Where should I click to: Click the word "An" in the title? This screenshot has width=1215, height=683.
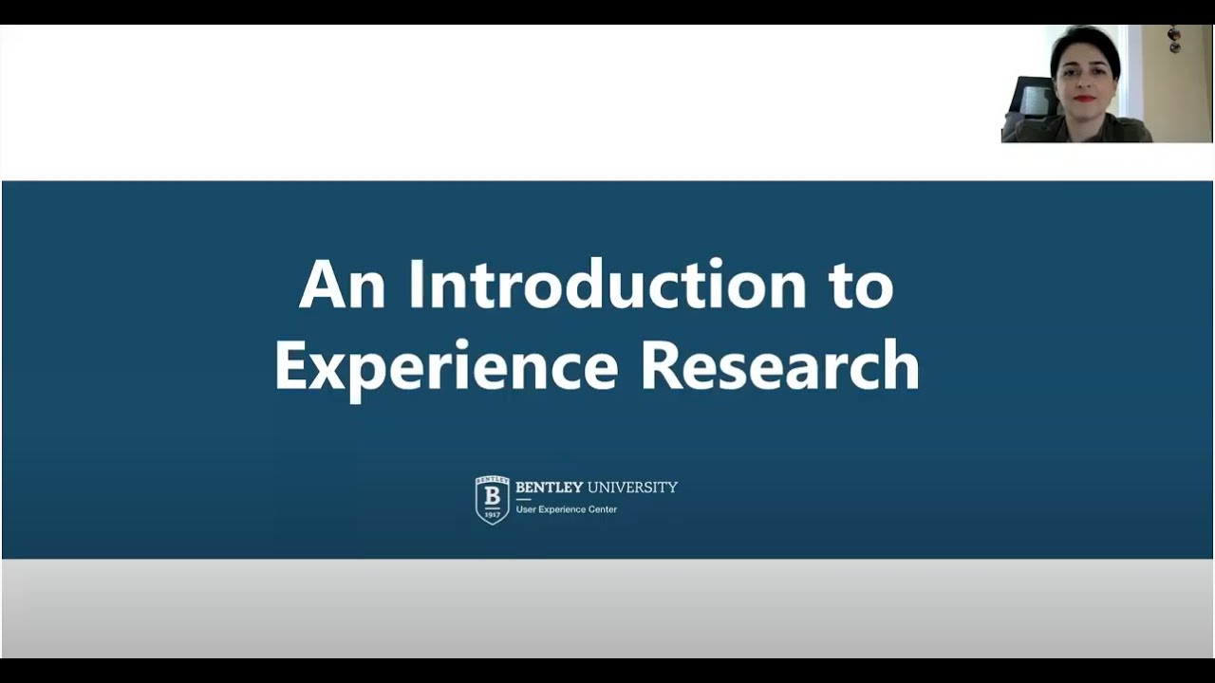(342, 285)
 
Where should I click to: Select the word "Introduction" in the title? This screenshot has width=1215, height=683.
(607, 285)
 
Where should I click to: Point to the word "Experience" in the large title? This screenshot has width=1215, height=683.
(446, 367)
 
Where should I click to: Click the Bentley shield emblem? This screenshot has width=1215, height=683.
(492, 500)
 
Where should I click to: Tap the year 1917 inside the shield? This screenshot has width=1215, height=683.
(492, 514)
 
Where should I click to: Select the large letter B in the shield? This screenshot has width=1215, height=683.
(492, 496)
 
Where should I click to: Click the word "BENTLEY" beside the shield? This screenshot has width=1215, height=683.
(549, 488)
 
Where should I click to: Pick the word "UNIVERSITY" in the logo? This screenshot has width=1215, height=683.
(632, 488)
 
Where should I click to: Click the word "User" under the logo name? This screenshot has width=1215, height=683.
(525, 509)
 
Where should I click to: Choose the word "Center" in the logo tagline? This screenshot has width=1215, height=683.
(602, 509)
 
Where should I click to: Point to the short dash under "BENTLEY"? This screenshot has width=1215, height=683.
(523, 499)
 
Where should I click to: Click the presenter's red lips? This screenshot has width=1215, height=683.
(1083, 99)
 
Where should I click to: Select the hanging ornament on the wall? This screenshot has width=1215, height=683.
(1174, 39)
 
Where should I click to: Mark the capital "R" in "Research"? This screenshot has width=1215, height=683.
(660, 365)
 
